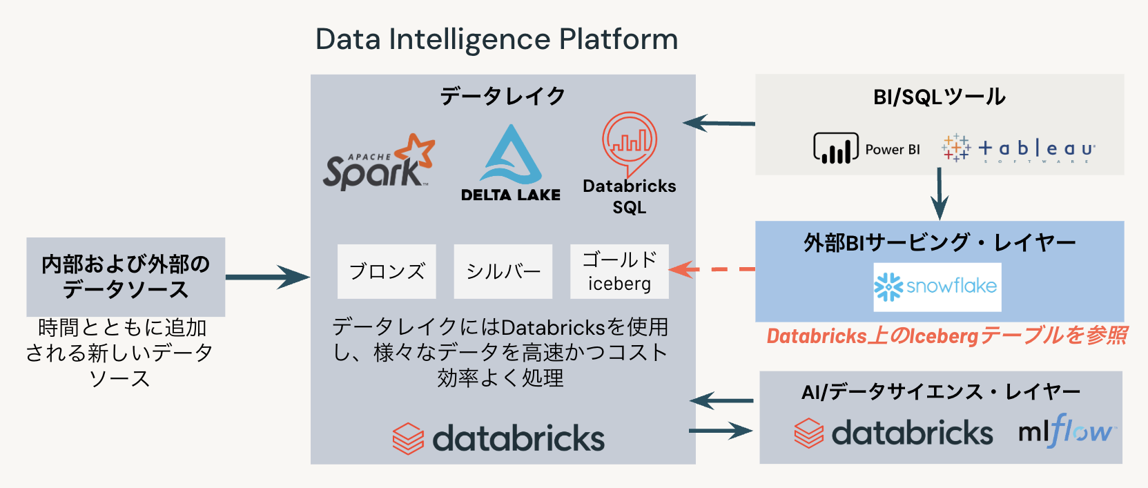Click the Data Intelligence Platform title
[496, 39]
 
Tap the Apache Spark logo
[378, 163]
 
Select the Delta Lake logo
[511, 164]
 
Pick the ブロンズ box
[387, 271]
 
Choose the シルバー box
[503, 271]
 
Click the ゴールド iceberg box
[619, 271]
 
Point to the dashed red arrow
[712, 269]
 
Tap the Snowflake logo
[937, 286]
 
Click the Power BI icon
[836, 148]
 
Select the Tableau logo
[1019, 148]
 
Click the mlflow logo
[1067, 432]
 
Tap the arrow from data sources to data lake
[267, 277]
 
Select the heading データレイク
[503, 96]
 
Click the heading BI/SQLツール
[939, 97]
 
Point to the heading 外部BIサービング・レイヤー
[939, 242]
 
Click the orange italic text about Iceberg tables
[946, 336]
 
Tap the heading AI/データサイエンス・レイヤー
[940, 392]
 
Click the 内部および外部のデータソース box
[126, 277]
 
